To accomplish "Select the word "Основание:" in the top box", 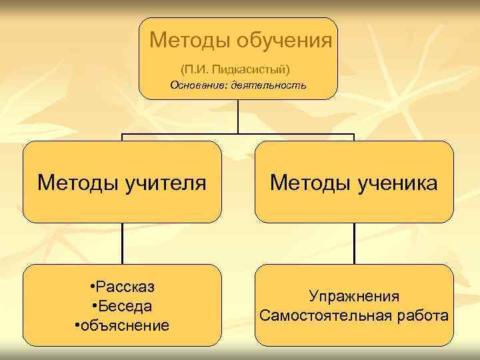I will point(199,85).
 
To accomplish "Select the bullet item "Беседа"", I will point(125,307).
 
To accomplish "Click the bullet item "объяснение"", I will point(125,326).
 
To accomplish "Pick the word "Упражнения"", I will point(354,296).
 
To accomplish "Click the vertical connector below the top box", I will point(239,117).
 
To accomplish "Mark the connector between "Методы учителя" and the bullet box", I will point(123,243).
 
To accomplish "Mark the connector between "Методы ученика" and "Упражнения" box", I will point(354,243).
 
